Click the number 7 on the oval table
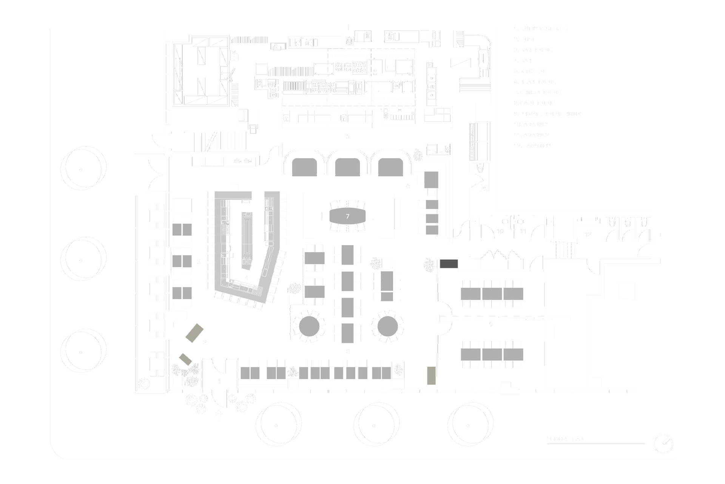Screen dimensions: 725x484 click(x=348, y=216)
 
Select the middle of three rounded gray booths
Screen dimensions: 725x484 click(x=348, y=167)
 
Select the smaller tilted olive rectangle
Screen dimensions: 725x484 click(x=185, y=359)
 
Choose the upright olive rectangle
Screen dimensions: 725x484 click(x=432, y=375)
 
